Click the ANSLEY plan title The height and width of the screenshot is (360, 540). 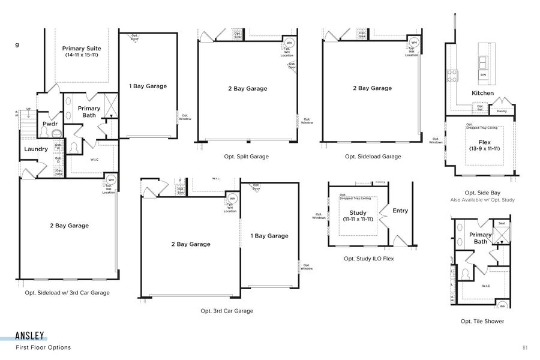point(30,337)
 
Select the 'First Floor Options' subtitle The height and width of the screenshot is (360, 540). point(43,347)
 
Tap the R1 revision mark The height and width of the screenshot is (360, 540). point(525,347)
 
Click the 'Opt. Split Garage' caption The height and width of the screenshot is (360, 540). point(246,157)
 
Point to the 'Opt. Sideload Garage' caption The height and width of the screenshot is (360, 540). point(373,157)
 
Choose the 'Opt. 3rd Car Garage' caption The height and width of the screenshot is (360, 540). point(227,311)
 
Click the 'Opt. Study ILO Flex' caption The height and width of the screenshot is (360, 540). point(368,259)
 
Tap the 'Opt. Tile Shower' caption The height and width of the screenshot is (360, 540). point(482,321)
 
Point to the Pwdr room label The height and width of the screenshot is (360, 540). point(49,124)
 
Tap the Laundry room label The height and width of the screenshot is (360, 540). point(36,149)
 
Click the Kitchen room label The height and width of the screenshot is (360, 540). point(482,93)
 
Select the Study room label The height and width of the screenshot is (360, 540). point(358,213)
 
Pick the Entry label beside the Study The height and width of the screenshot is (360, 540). point(400,211)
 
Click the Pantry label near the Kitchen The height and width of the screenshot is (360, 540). point(502,111)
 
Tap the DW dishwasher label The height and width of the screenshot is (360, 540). point(483,74)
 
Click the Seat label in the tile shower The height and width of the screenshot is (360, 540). point(501,224)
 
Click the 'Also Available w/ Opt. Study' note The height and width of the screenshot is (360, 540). point(482,200)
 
